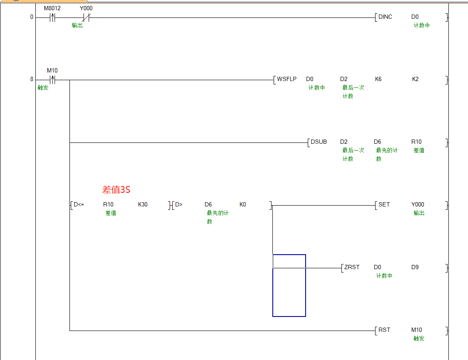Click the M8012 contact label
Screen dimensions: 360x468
coord(52,8)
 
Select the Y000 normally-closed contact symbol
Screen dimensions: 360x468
coord(86,17)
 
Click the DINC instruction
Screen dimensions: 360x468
coord(385,17)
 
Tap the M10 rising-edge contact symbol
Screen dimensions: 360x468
coord(52,79)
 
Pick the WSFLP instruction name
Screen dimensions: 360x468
coord(286,79)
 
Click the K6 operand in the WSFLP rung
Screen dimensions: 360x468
coord(378,79)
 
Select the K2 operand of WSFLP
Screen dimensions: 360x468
coord(415,79)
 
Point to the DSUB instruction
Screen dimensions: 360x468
coord(318,142)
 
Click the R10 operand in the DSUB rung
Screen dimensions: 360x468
coord(416,142)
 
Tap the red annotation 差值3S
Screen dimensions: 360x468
coord(116,190)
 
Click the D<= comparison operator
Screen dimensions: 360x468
coord(79,205)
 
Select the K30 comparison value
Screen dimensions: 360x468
coord(143,205)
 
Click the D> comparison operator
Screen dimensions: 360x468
coord(179,205)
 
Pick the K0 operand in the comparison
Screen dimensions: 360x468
coord(243,205)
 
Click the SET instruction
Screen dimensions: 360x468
coord(384,205)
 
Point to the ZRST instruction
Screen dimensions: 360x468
coord(352,267)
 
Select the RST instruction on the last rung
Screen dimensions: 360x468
coord(384,330)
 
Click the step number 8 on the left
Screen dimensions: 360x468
coord(32,79)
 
